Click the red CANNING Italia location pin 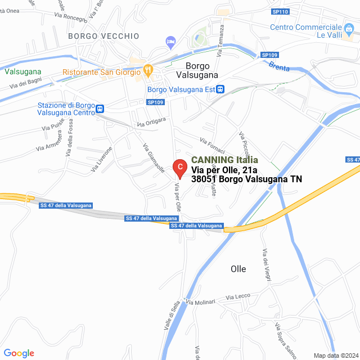click(179, 168)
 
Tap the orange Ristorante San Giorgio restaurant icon click(148, 70)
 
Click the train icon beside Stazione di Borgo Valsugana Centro click(100, 109)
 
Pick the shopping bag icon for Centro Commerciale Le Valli click(349, 27)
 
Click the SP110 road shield click(280, 11)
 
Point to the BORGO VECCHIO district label click(103, 36)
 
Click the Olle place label click(238, 269)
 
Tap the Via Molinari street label click(201, 302)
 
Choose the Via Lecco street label click(238, 296)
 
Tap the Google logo click(19, 353)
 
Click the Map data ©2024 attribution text click(335, 355)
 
